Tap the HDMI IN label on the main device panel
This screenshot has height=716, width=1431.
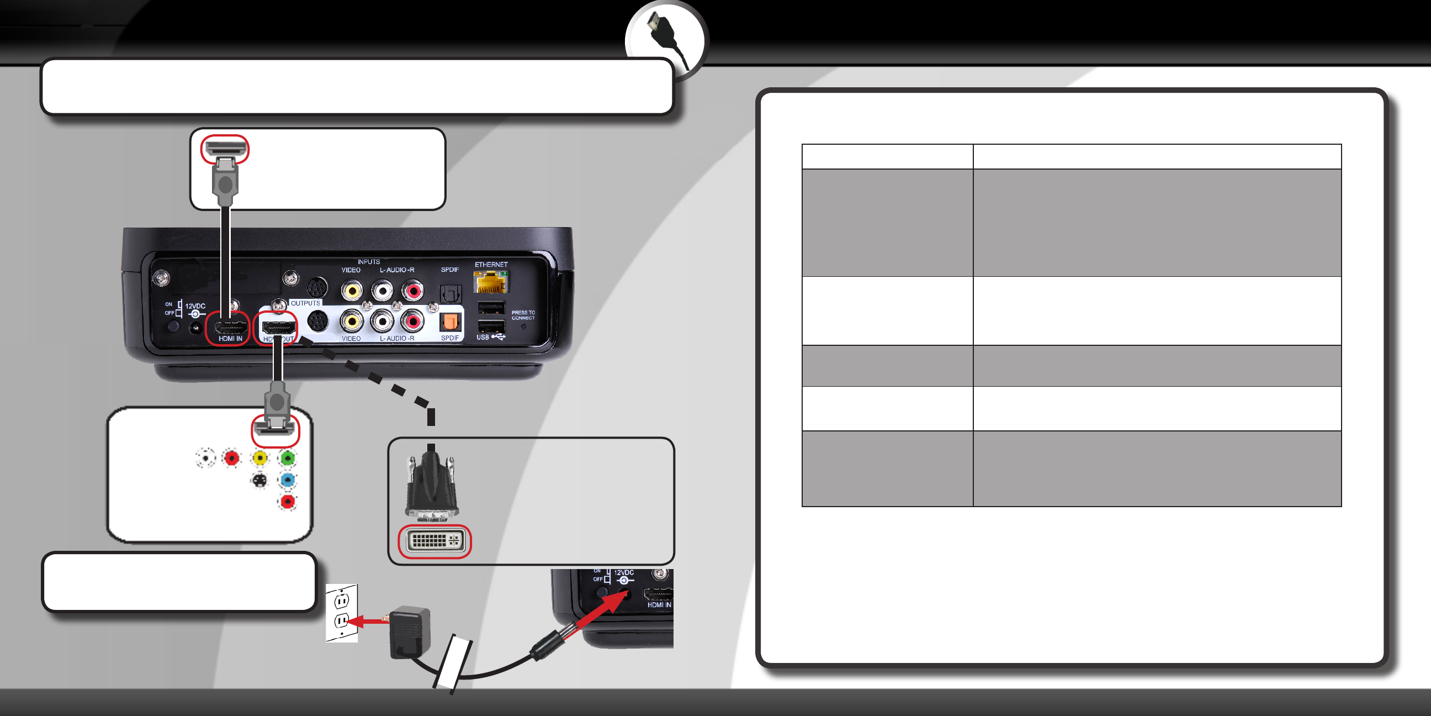(x=230, y=339)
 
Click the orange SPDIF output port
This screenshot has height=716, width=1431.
(x=449, y=322)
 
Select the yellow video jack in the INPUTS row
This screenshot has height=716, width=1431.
(x=352, y=289)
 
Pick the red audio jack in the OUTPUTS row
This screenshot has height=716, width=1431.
(x=413, y=321)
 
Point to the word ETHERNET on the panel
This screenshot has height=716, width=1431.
(x=491, y=265)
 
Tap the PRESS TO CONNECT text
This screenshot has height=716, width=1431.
(x=523, y=315)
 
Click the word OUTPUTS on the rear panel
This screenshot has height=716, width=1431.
(x=305, y=303)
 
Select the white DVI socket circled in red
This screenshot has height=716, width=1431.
(x=435, y=541)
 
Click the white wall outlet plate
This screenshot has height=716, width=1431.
(x=342, y=612)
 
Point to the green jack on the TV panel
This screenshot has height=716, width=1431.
(x=287, y=458)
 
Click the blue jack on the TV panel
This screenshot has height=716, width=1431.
(x=287, y=480)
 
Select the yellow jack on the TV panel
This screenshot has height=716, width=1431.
(x=259, y=458)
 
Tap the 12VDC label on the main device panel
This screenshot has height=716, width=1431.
(x=195, y=306)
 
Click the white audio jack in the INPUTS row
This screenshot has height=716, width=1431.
(x=382, y=289)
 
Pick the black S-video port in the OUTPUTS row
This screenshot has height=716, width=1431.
(x=318, y=322)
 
